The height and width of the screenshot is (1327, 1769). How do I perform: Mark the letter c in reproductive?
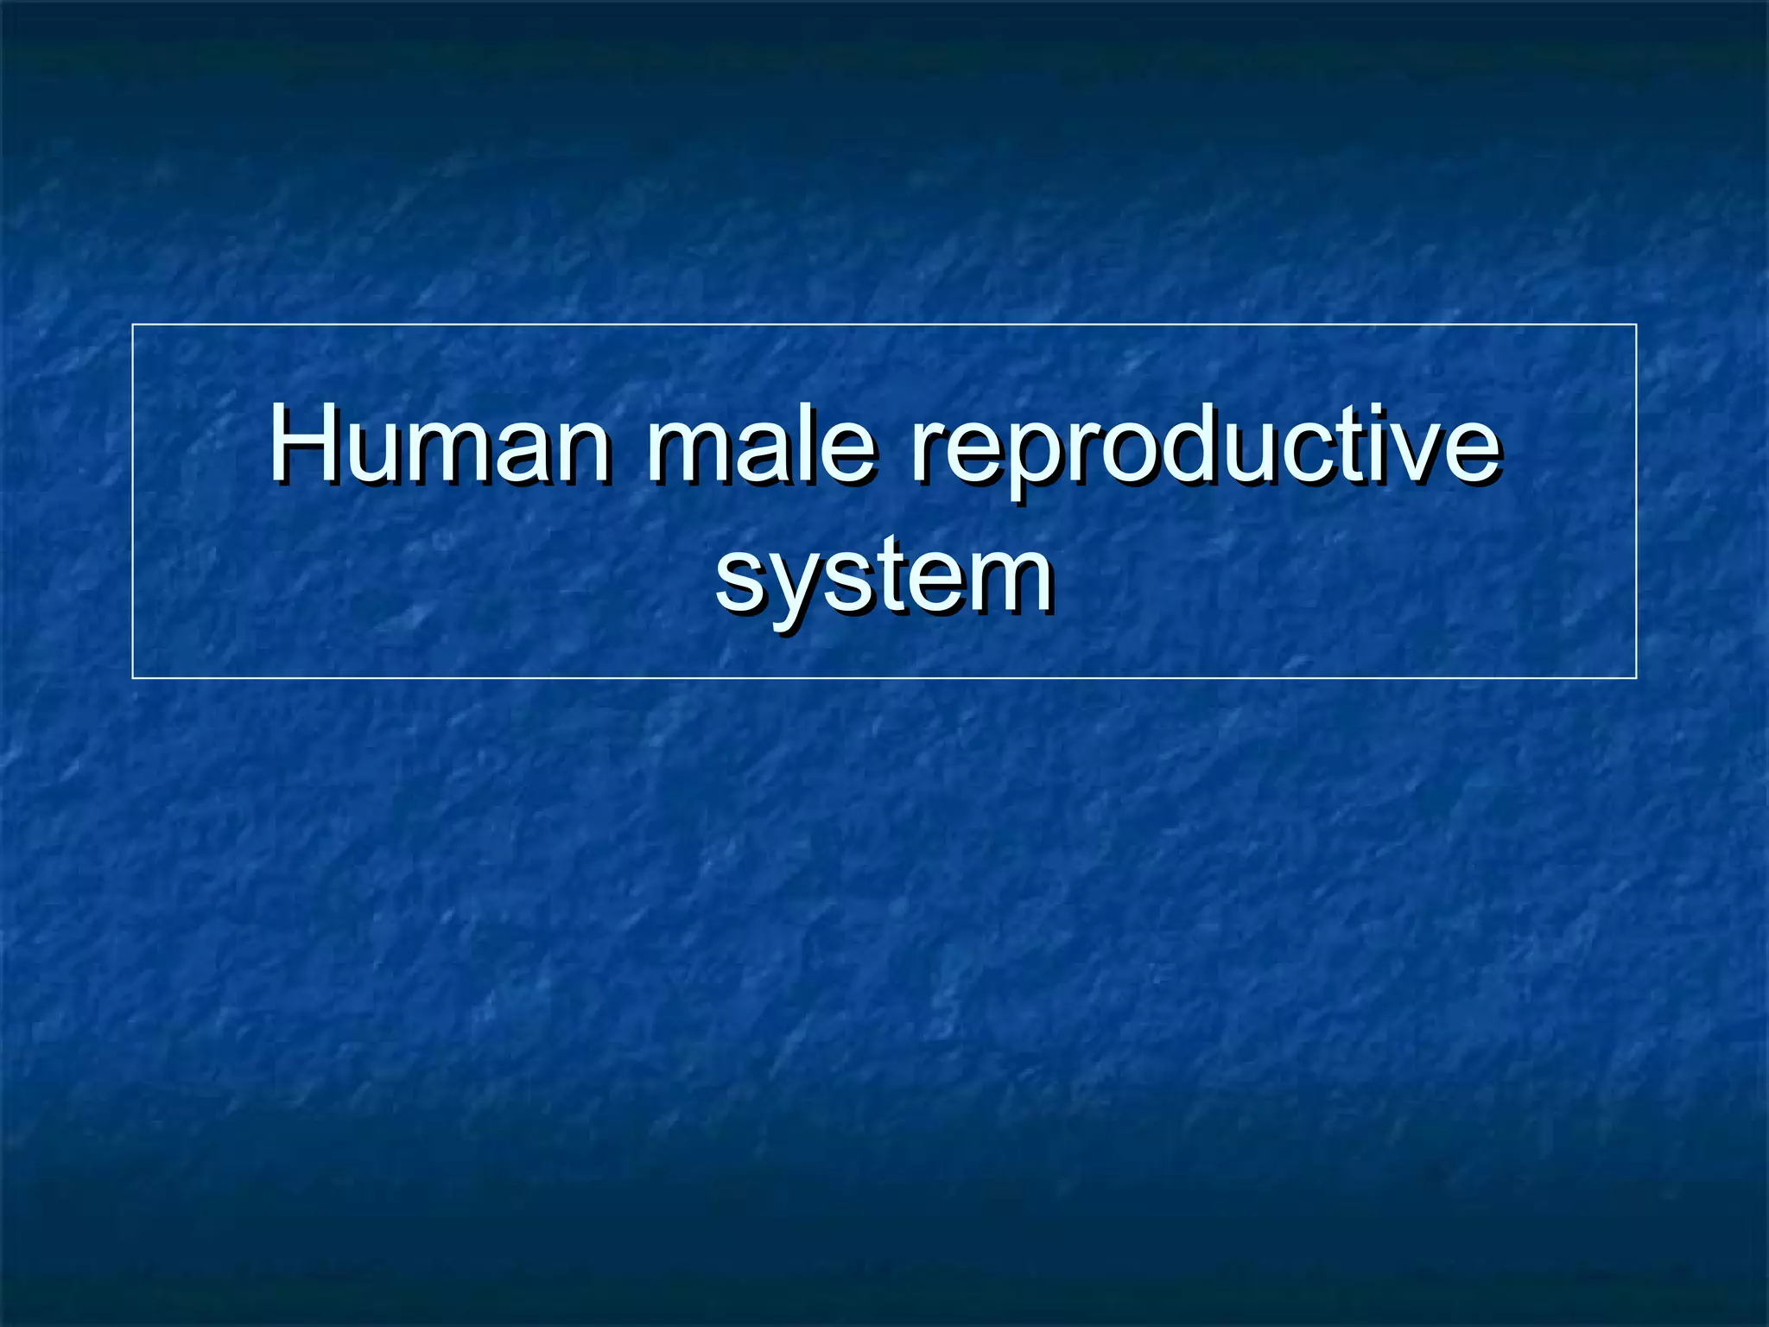1319,456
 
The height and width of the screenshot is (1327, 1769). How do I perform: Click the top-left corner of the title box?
133,325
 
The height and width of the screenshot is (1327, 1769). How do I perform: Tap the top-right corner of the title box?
1636,325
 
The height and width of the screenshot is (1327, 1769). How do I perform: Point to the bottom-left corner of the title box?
133,678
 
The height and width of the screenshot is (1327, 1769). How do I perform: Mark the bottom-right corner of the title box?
1636,678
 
